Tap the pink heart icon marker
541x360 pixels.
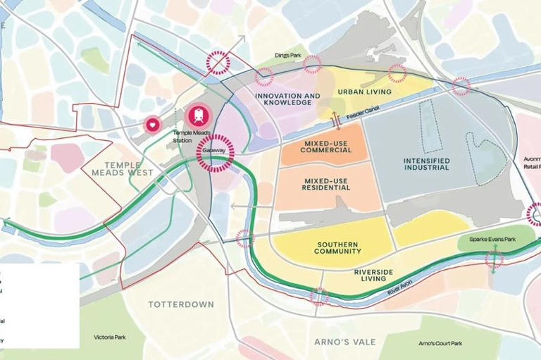click(152, 125)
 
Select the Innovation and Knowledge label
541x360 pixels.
click(287, 99)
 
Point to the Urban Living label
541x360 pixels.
click(364, 92)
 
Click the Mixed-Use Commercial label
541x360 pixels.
click(325, 147)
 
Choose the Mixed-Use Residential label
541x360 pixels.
click(325, 184)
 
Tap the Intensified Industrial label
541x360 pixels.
click(427, 163)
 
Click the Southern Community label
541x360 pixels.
click(338, 247)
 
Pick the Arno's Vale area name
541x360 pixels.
click(345, 342)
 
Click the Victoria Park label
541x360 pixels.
click(110, 337)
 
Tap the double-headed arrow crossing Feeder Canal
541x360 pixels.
click(336, 121)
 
